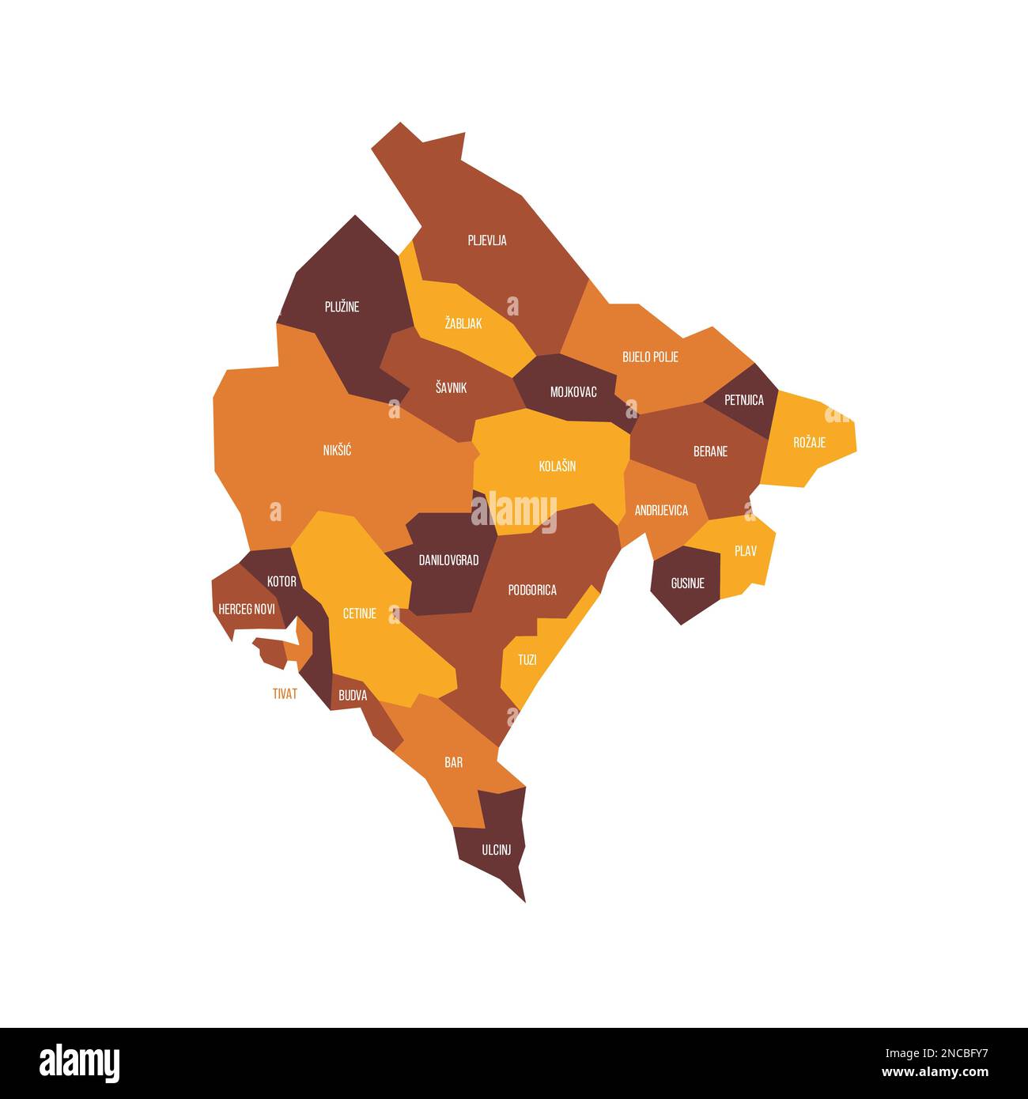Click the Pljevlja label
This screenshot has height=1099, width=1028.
[x=487, y=240]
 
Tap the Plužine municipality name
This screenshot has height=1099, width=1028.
[x=342, y=307]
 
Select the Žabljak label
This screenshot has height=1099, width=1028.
[x=463, y=323]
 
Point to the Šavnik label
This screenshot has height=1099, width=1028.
[x=451, y=387]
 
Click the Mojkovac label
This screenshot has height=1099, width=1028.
[x=573, y=392]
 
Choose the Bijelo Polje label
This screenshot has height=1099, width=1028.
[x=650, y=357]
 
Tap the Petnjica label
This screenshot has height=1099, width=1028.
[x=744, y=400]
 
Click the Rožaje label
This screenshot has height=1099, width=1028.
[x=809, y=442]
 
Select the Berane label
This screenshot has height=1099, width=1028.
[x=710, y=451]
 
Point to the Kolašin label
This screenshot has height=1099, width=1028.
[x=557, y=466]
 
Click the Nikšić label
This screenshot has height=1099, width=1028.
[x=337, y=451]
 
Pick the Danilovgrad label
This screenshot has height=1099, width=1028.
[x=448, y=560]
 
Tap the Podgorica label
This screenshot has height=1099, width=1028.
[x=532, y=590]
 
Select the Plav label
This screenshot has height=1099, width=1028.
[x=745, y=551]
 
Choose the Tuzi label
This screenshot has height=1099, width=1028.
[x=527, y=659]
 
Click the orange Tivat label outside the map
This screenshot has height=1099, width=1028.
[x=285, y=693]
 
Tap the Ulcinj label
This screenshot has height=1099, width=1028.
[x=497, y=850]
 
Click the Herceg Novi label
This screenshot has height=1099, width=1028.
[x=247, y=609]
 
